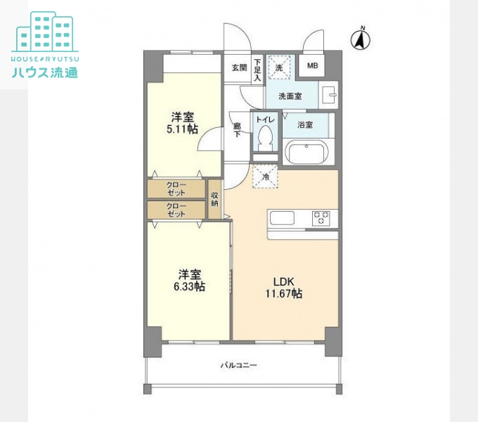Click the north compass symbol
coord(361,39)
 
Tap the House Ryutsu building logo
coord(45,44)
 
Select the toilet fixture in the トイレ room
coord(265,139)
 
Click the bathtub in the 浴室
coord(307,153)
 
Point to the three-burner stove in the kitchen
coord(321,218)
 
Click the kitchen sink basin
coord(282,218)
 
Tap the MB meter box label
coord(313,65)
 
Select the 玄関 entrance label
coord(239,68)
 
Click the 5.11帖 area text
coord(182,129)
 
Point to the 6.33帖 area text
coord(189,287)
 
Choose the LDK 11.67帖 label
coord(284,288)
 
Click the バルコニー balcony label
coord(239,365)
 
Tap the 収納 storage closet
coord(214,200)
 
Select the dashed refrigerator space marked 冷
coord(265,177)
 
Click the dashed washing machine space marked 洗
coord(279,68)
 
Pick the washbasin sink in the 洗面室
coord(329,95)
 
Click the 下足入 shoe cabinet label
coord(257,70)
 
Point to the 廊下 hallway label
coord(237,129)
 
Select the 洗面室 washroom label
coord(290,96)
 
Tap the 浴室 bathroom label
coord(305,124)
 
